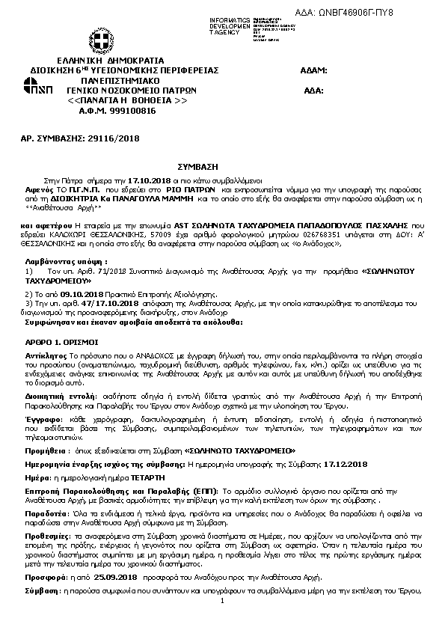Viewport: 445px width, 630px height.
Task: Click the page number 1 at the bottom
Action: pyautogui.click(x=223, y=602)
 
